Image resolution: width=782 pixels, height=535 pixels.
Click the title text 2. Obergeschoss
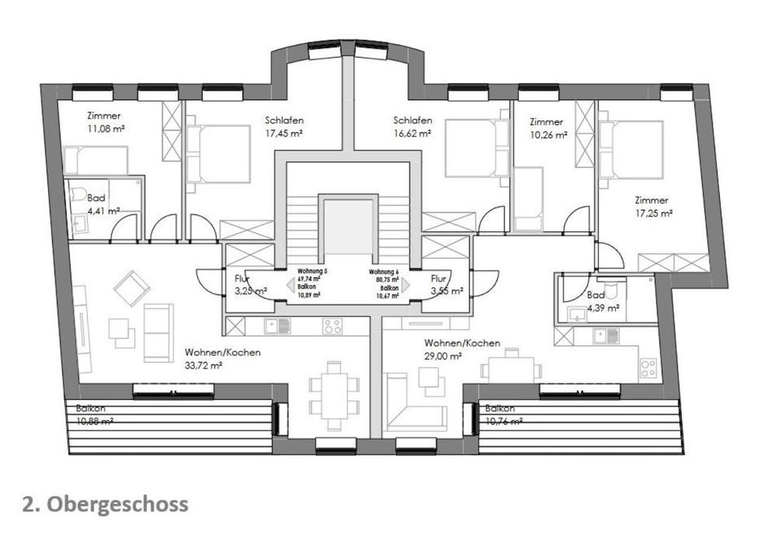(x=106, y=504)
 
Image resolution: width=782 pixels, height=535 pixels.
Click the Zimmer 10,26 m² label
(x=547, y=129)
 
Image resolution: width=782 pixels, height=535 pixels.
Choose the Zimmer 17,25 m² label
(x=653, y=206)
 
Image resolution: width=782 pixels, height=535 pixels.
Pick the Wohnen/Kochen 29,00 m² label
(x=462, y=349)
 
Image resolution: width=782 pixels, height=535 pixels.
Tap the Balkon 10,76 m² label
(x=503, y=414)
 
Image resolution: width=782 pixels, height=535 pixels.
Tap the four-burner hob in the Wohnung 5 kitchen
(x=332, y=327)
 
